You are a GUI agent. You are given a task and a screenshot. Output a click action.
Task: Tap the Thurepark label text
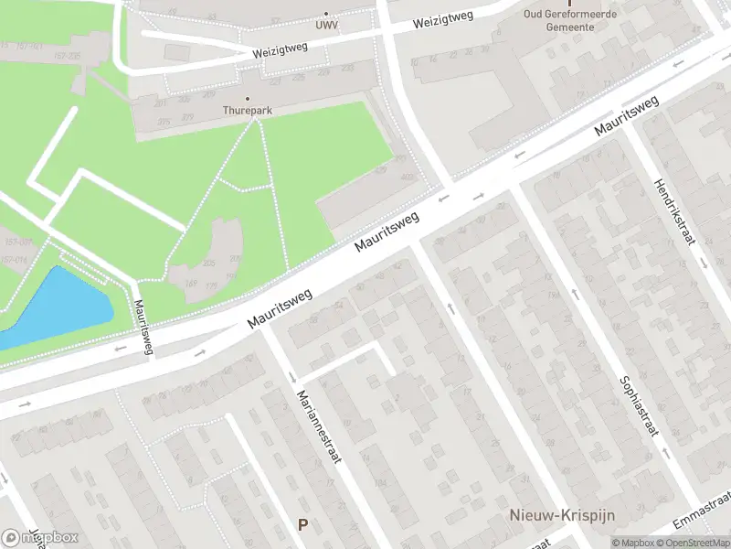tap(248, 110)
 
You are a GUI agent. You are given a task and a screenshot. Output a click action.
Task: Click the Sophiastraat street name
tap(638, 407)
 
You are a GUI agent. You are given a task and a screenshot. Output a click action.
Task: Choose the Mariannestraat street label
tap(319, 427)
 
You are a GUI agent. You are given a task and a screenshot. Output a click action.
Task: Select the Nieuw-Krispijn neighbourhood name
tap(548, 517)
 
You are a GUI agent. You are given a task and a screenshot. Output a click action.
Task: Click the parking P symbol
tap(302, 524)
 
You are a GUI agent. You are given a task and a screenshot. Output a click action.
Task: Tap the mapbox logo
tap(40, 537)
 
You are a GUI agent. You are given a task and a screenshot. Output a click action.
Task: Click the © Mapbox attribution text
tap(632, 543)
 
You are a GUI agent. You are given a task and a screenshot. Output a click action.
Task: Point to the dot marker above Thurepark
tap(248, 98)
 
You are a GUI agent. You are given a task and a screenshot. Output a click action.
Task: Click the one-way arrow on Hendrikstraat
tap(705, 263)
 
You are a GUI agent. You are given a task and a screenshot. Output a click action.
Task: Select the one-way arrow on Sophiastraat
tap(575, 294)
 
